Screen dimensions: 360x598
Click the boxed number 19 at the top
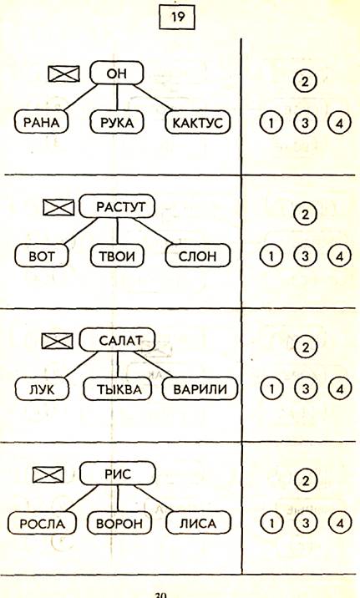click(x=177, y=18)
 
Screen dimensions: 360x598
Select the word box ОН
click(x=117, y=73)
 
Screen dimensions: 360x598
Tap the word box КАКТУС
click(x=198, y=123)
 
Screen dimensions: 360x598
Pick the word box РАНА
click(x=42, y=123)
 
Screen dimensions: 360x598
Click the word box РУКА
click(x=117, y=123)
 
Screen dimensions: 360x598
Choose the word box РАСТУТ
click(x=118, y=206)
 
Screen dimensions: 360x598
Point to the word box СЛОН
click(x=198, y=256)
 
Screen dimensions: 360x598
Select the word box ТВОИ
click(x=117, y=256)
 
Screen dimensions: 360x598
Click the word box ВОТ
click(x=42, y=256)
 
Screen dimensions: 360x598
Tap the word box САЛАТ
click(x=118, y=340)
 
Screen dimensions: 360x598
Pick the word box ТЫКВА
click(x=118, y=389)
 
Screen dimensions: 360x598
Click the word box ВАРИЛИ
click(x=200, y=389)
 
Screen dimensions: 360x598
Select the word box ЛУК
click(x=42, y=389)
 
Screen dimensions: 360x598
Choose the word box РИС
click(x=118, y=474)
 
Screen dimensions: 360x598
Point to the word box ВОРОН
click(x=119, y=523)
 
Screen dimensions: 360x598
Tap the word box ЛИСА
click(x=198, y=523)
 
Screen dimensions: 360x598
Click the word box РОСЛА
click(x=42, y=523)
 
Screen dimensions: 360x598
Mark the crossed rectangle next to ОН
click(x=64, y=73)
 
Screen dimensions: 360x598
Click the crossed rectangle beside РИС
click(x=48, y=474)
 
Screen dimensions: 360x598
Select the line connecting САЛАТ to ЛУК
click(x=82, y=365)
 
